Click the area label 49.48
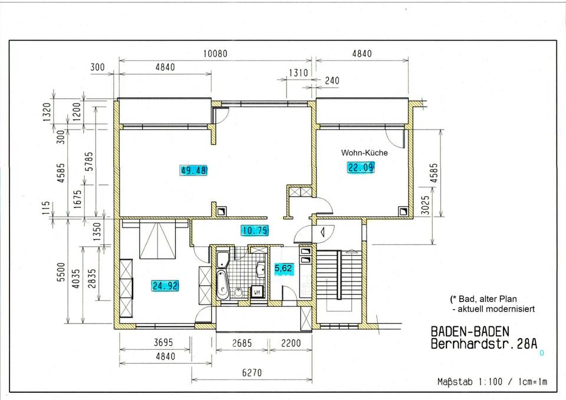coord(194,170)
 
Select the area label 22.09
coord(361,167)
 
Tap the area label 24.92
coord(165,286)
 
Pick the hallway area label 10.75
coord(255,230)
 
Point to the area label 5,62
coord(284,269)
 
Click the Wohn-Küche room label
coord(364,153)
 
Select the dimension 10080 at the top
coord(216,54)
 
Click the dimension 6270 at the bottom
coord(252,372)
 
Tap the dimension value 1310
coord(298,73)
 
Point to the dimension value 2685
coord(242,343)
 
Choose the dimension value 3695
coord(163,342)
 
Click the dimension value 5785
coord(89,161)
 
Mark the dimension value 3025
coord(426,205)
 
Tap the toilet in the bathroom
coord(238,292)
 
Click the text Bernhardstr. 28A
coord(484,344)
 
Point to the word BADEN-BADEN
coord(470,332)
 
